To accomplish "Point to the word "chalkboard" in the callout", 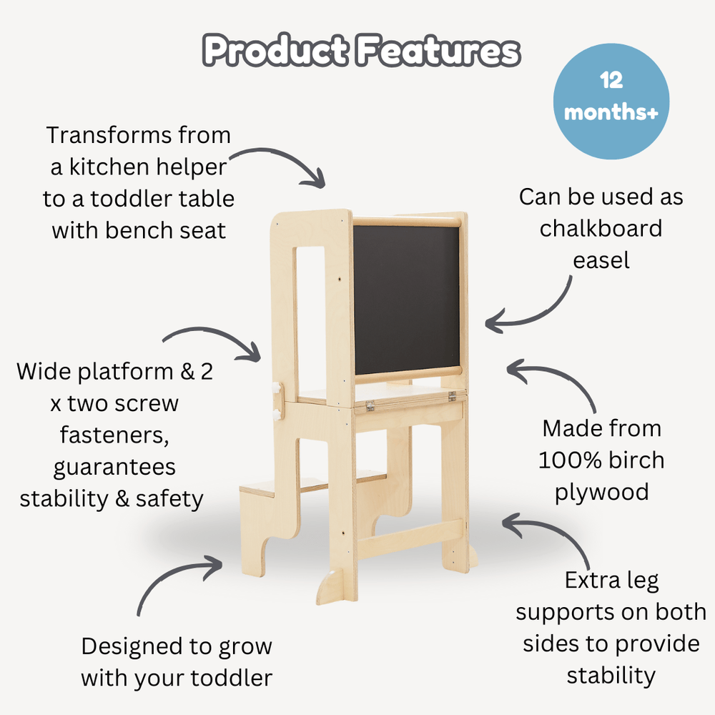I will [601, 228].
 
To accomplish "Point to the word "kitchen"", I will [114, 167].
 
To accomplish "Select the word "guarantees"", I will [114, 467].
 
